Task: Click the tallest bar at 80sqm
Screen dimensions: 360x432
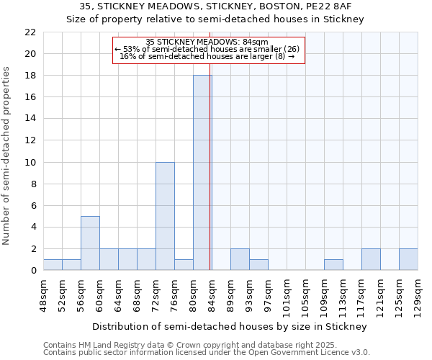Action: pos(202,173)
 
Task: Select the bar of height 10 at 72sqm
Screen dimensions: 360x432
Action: pos(165,216)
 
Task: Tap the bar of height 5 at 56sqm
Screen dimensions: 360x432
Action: pos(90,243)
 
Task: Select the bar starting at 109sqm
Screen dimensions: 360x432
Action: pos(333,265)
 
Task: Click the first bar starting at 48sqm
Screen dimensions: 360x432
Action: pos(53,265)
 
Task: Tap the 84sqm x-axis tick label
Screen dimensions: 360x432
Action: pos(212,293)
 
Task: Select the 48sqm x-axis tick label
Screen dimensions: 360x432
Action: pos(43,293)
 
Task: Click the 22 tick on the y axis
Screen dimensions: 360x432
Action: pos(30,32)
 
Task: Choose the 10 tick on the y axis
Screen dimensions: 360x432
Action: pos(30,162)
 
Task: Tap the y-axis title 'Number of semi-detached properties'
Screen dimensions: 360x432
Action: pos(6,156)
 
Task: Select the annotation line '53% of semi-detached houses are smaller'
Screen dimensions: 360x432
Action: pos(210,49)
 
